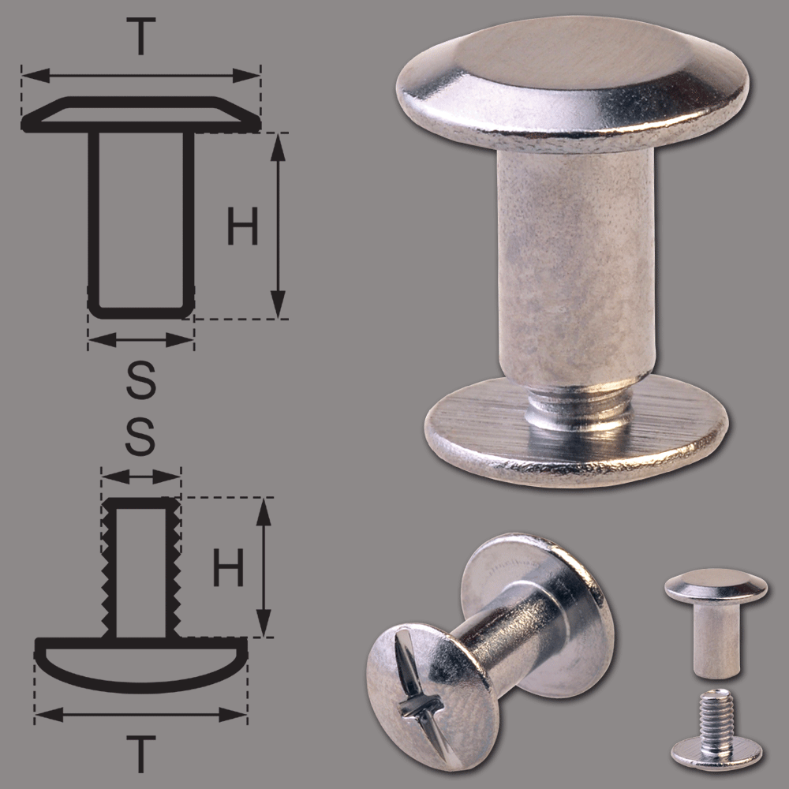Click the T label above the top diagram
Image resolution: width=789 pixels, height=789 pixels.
(x=141, y=36)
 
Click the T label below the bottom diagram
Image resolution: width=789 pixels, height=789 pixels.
(x=141, y=753)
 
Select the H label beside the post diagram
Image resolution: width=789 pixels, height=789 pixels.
(x=242, y=226)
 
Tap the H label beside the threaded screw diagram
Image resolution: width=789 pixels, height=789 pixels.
(x=229, y=567)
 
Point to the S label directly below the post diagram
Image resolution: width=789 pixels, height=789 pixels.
(x=141, y=380)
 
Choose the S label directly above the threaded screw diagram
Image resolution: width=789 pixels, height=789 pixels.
(x=140, y=437)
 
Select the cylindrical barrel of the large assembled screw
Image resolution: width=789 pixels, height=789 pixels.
(x=576, y=267)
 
